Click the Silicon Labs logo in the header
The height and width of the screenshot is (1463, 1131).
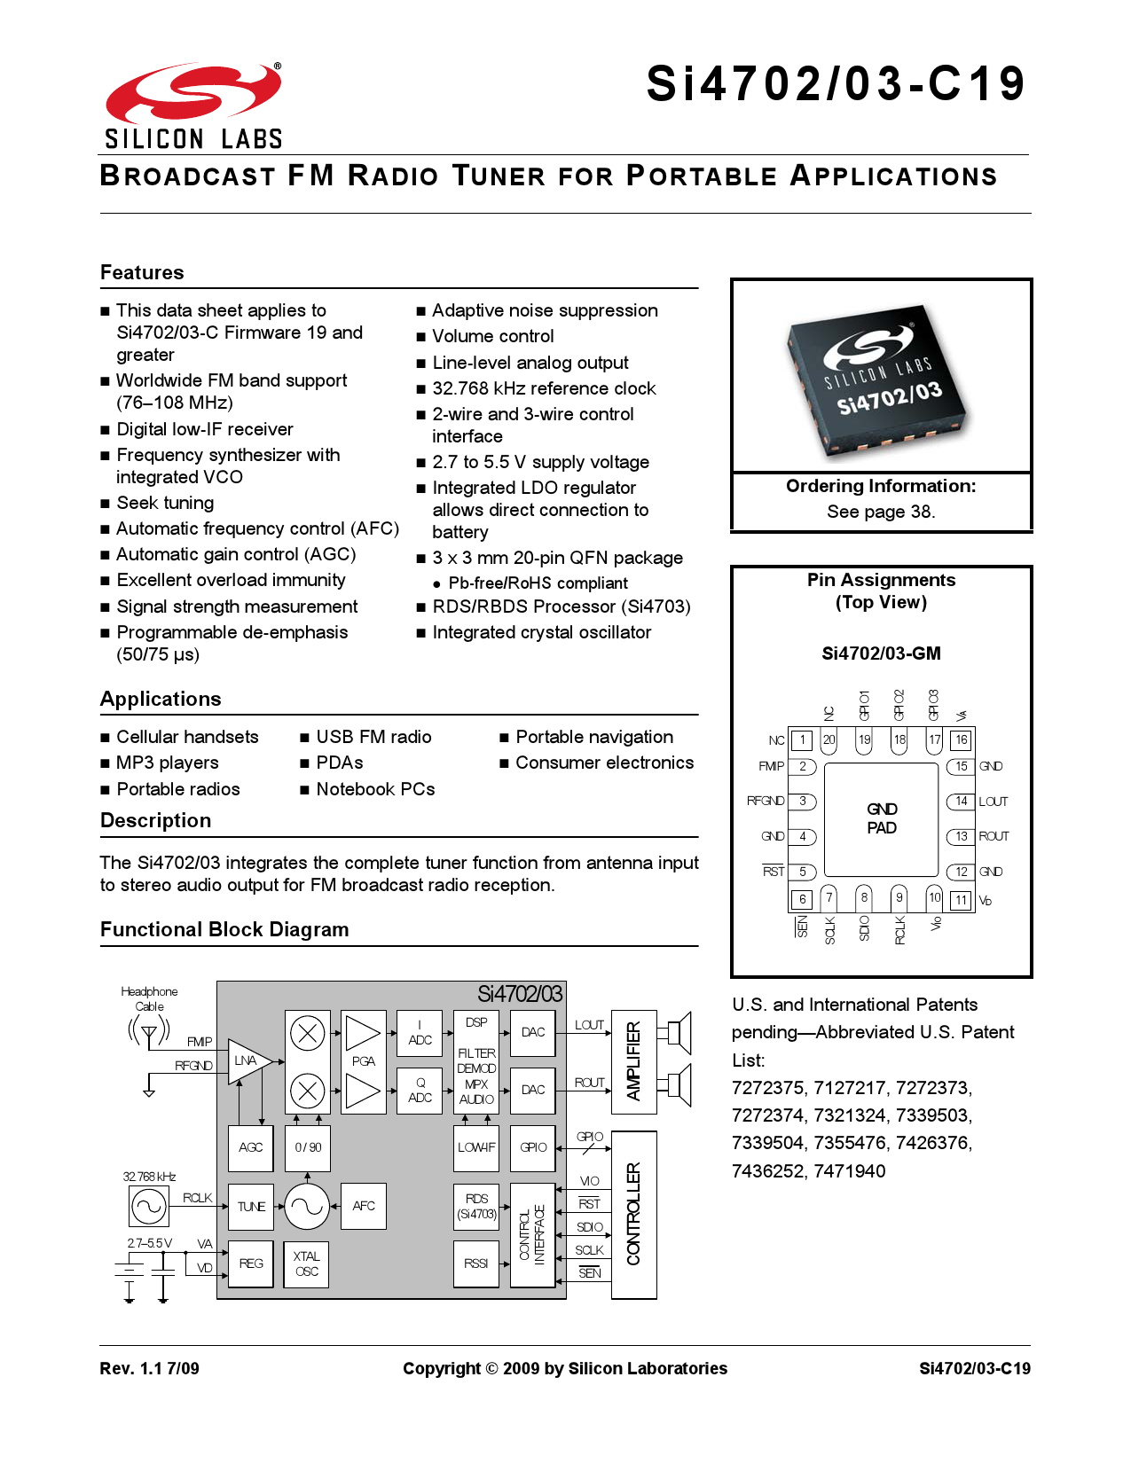(x=193, y=105)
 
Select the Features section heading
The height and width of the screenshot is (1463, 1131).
(x=142, y=272)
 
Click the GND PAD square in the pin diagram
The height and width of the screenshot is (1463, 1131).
(x=882, y=818)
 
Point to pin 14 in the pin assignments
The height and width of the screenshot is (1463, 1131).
(x=961, y=802)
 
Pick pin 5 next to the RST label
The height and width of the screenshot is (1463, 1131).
(x=802, y=872)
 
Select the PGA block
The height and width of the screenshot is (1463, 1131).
(x=364, y=1061)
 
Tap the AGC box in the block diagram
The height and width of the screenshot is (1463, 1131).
(x=251, y=1147)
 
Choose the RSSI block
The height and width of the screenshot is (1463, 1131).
(x=476, y=1263)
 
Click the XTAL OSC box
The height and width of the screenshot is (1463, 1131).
(x=307, y=1263)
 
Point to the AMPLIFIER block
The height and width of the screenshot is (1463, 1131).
(x=633, y=1061)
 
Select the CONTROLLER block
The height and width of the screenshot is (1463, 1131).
(x=633, y=1215)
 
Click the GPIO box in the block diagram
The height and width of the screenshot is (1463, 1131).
(x=533, y=1147)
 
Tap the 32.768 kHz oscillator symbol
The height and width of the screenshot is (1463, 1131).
(x=148, y=1206)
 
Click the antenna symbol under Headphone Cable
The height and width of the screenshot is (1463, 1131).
(x=149, y=1033)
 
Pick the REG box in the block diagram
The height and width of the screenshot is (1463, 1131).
(x=251, y=1263)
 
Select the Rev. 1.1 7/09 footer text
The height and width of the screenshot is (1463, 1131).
(x=149, y=1368)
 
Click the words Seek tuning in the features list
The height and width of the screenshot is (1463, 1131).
(x=165, y=503)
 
